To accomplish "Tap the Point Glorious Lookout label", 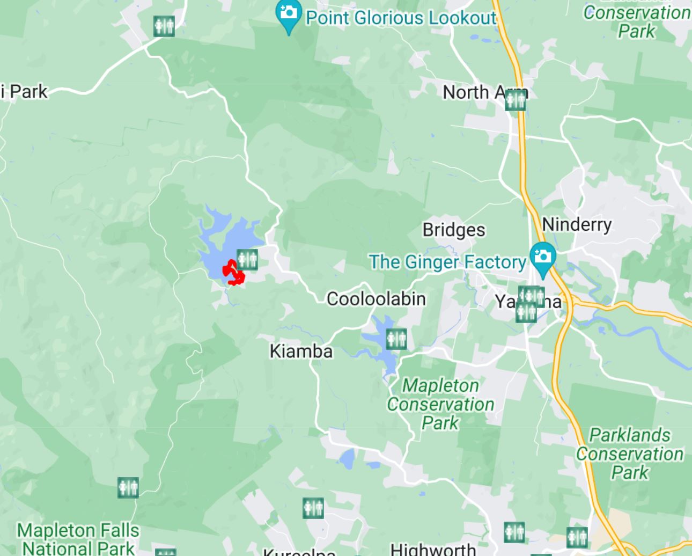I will point(401,18).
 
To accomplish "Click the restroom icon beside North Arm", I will point(516,100).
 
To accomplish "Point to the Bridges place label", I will point(454,230).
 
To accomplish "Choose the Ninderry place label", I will point(577,224).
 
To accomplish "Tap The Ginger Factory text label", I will point(447,262).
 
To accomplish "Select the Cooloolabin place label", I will point(376,299).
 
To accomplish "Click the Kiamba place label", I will point(301,351).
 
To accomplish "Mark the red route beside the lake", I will point(234,273).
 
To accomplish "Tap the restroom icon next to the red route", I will point(247,259).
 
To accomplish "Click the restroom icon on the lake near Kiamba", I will point(396,339).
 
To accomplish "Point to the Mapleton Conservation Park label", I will point(440,404).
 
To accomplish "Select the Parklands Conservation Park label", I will point(630,453).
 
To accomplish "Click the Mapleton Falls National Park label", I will point(78,539).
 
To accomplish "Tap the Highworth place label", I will point(433,548).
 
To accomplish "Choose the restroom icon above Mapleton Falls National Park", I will point(128,488).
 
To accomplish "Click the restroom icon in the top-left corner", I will point(164,26).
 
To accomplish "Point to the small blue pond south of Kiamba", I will point(348,459).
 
